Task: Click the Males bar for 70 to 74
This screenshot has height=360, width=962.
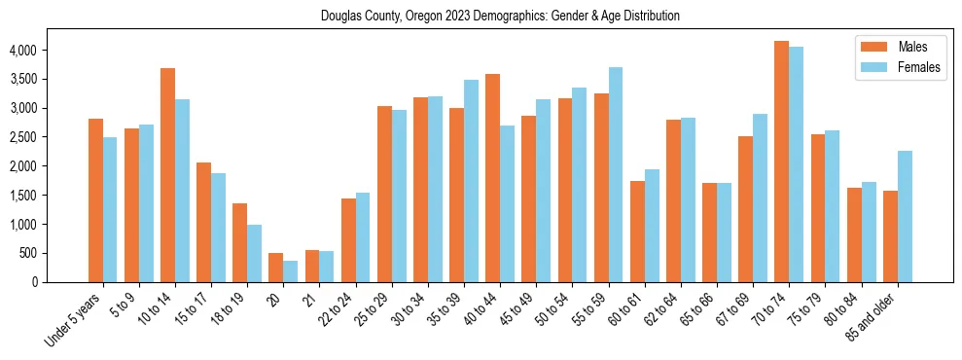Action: (x=781, y=162)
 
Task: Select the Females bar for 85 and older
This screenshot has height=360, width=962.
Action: (x=905, y=217)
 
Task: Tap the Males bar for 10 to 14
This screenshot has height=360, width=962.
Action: (x=167, y=175)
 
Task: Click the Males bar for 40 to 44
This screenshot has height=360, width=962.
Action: (x=492, y=178)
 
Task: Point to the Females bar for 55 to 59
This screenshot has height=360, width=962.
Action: (x=616, y=175)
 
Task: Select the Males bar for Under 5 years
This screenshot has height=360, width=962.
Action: (x=95, y=200)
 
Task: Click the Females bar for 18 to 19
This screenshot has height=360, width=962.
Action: (x=254, y=254)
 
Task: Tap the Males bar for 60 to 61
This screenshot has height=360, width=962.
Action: (x=637, y=232)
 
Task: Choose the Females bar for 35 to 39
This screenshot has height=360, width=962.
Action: (x=471, y=181)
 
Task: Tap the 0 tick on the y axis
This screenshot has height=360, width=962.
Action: (x=59, y=282)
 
